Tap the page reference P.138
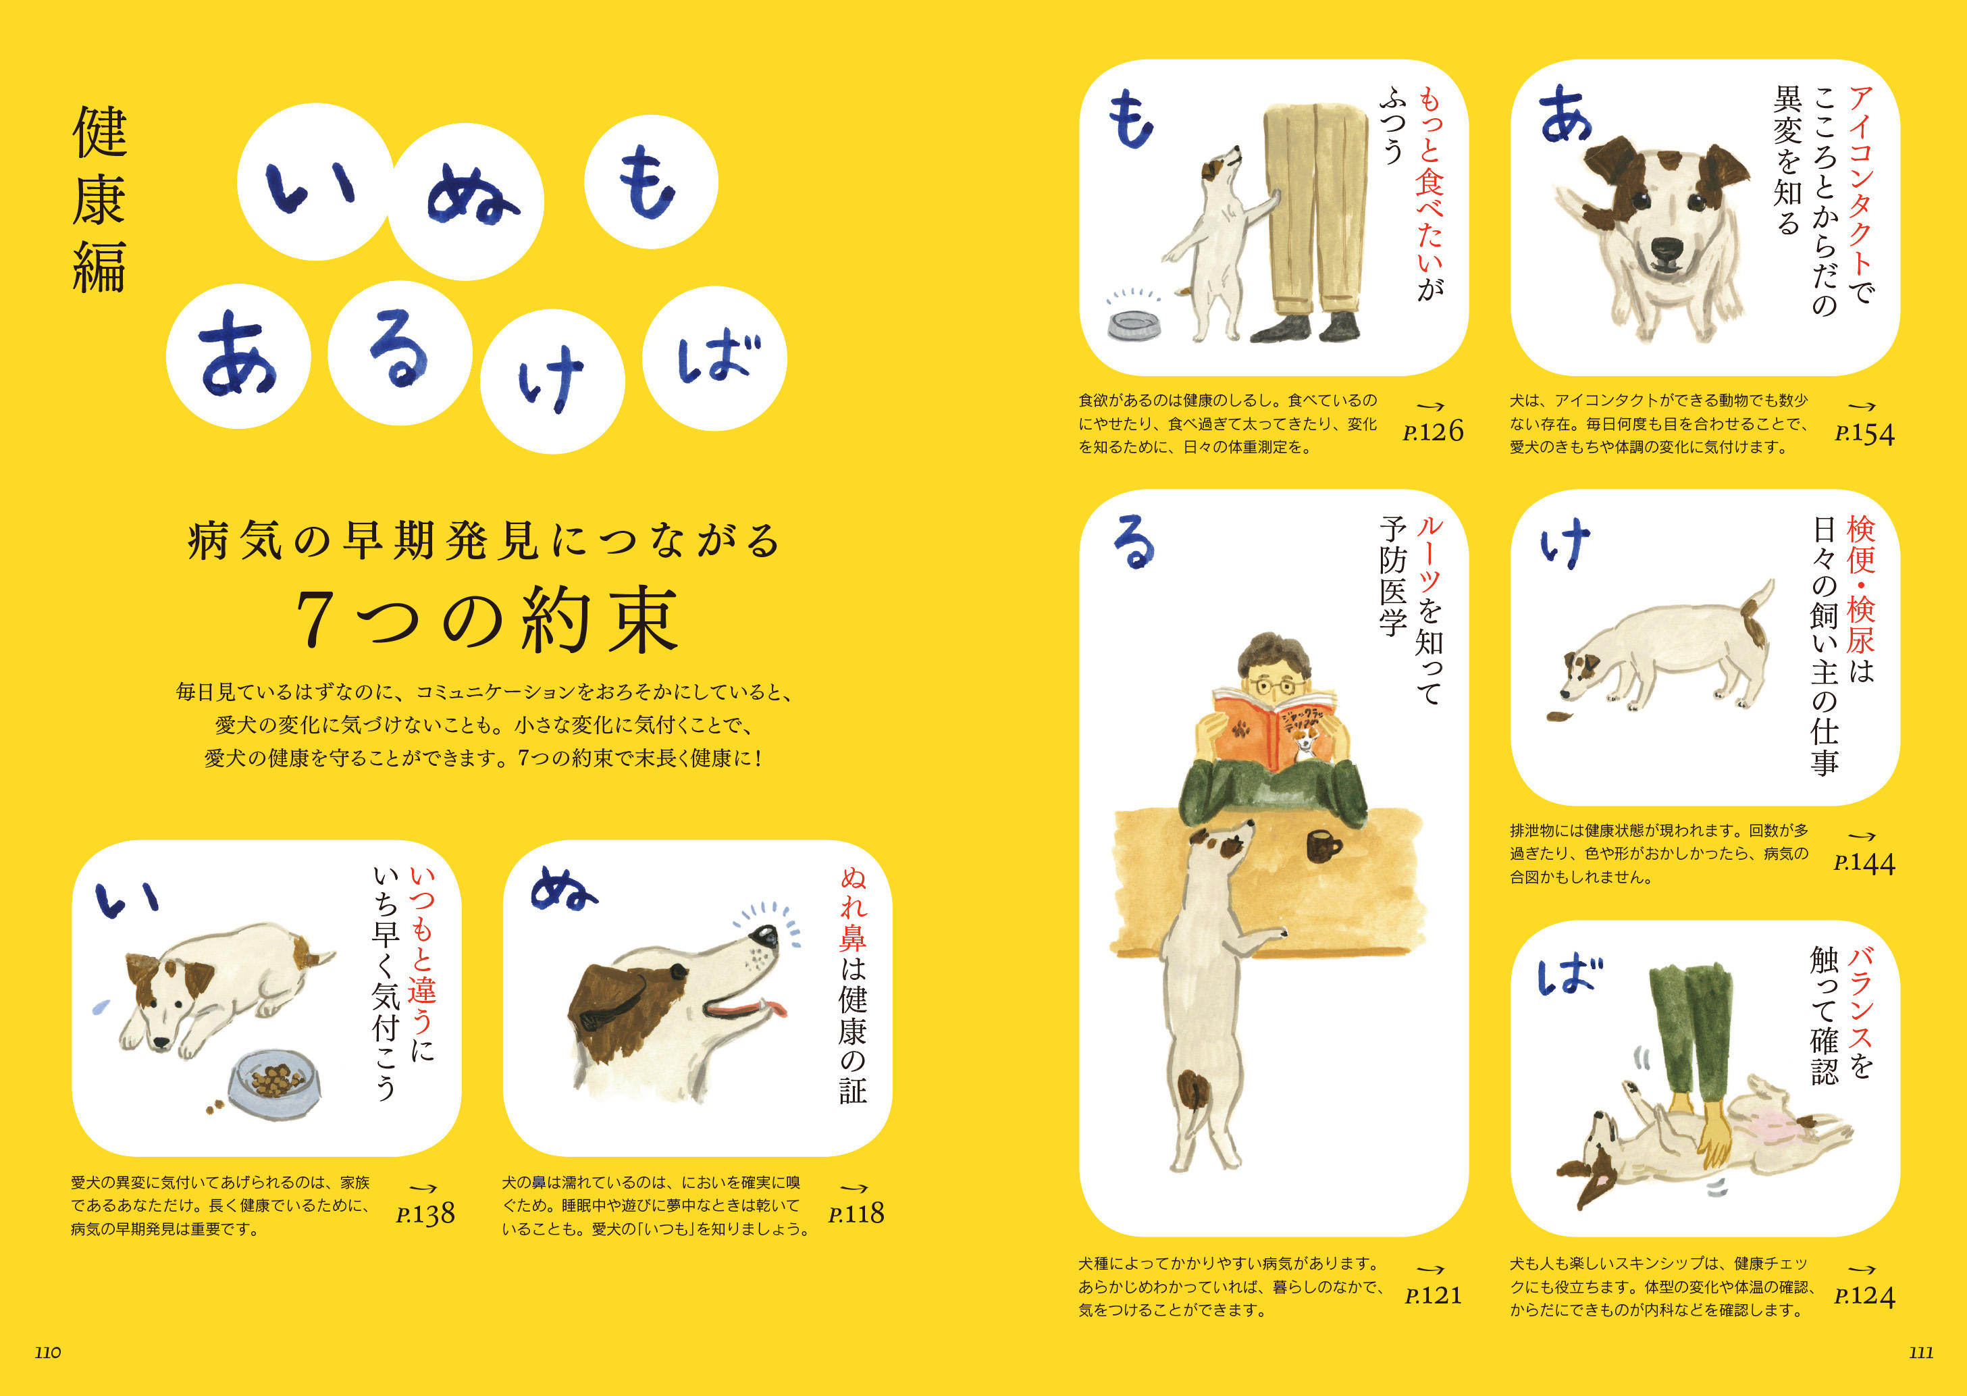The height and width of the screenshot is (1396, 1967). (x=425, y=1214)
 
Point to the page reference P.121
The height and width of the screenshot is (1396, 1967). (x=1434, y=1295)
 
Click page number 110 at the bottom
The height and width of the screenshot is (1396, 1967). (x=48, y=1352)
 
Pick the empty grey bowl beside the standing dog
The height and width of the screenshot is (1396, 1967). (x=1134, y=325)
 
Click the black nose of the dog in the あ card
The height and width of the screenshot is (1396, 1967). (x=1668, y=249)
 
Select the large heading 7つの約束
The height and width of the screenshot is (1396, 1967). (x=488, y=621)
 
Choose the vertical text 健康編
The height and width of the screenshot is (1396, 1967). (x=100, y=199)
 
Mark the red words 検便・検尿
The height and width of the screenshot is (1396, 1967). (x=1860, y=584)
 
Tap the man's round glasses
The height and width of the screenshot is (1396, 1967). (x=1274, y=686)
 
